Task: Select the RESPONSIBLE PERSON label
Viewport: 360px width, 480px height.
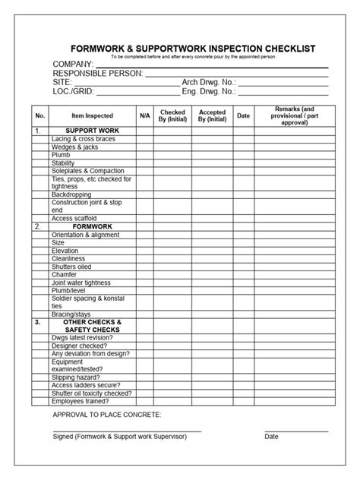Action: pyautogui.click(x=97, y=74)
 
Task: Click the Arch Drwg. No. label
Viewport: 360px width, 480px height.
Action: pyautogui.click(x=209, y=83)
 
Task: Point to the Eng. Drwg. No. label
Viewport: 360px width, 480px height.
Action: pyautogui.click(x=209, y=92)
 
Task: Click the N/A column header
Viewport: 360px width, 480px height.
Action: pyautogui.click(x=145, y=116)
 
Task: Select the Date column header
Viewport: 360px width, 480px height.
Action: pyautogui.click(x=243, y=116)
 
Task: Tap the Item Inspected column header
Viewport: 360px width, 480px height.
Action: pyautogui.click(x=92, y=116)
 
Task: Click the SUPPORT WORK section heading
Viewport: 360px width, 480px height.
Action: pyautogui.click(x=92, y=131)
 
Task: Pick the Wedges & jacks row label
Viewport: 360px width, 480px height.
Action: pyautogui.click(x=74, y=147)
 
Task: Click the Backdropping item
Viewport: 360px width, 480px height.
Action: pyautogui.click(x=71, y=194)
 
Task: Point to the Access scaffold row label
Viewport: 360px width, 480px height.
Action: pyautogui.click(x=74, y=218)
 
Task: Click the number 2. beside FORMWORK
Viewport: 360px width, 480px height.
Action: pyautogui.click(x=37, y=226)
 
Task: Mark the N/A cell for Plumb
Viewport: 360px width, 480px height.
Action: pyautogui.click(x=145, y=154)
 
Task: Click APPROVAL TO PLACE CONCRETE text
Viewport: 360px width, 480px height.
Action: pyautogui.click(x=106, y=415)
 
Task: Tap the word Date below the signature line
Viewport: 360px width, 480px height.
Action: pyautogui.click(x=271, y=437)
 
